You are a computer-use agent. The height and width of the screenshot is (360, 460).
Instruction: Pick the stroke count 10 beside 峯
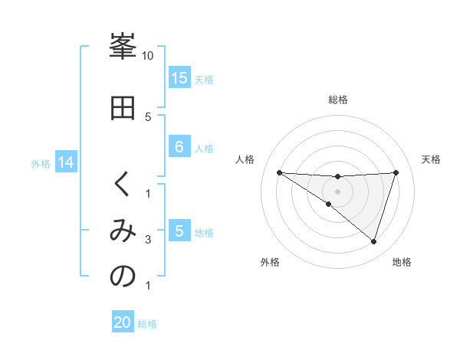click(x=148, y=56)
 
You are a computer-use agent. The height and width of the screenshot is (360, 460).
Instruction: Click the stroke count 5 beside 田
click(x=148, y=116)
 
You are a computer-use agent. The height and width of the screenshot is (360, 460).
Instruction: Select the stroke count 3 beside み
click(x=148, y=241)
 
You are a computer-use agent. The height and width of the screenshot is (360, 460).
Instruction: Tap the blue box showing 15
click(x=179, y=78)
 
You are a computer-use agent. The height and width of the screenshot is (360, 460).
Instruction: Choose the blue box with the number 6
click(x=179, y=148)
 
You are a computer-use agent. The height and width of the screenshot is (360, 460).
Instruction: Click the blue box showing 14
click(x=66, y=162)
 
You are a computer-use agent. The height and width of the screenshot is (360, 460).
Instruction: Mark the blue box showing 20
click(x=123, y=322)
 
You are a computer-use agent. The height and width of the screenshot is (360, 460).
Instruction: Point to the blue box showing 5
click(x=179, y=232)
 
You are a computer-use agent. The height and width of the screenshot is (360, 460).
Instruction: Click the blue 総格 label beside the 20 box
click(x=147, y=324)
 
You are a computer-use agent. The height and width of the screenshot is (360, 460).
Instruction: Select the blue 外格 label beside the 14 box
click(x=41, y=163)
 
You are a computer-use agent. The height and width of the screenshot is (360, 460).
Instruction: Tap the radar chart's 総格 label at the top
click(x=337, y=100)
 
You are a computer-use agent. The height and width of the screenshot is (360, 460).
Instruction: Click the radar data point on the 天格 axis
click(x=396, y=172)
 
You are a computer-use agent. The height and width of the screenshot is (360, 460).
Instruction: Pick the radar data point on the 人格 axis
click(x=279, y=172)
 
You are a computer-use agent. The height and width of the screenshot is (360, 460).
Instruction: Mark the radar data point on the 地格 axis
click(x=373, y=241)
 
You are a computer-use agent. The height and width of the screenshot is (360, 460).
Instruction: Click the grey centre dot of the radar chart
click(x=337, y=191)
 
